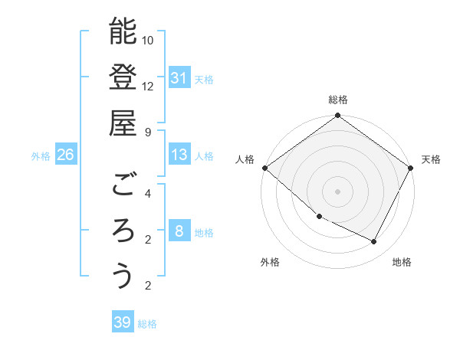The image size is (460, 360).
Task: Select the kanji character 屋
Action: coord(123,122)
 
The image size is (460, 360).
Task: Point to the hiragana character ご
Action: coord(123,185)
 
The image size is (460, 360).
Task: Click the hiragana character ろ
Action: coord(123,230)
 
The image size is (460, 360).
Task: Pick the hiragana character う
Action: coord(123,276)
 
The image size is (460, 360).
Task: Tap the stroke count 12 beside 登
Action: coord(148,86)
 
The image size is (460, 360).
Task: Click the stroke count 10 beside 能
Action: coord(148,40)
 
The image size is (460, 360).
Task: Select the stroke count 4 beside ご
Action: coord(148,194)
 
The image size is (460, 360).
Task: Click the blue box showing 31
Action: coord(179,78)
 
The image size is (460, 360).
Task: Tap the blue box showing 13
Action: coord(179,155)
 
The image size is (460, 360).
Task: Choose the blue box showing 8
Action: coord(179,232)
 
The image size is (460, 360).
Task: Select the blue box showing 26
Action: coord(66,155)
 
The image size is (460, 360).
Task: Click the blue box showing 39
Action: coord(123,322)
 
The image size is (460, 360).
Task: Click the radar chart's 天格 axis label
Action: coord(431,159)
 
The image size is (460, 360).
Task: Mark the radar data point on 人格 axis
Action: coord(264,168)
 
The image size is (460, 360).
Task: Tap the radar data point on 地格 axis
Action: coord(374,242)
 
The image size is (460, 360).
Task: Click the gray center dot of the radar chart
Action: coord(337,191)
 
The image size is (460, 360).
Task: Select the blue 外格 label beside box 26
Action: coord(41,156)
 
